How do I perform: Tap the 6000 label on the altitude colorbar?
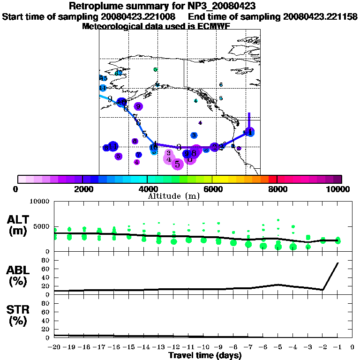point(212,189)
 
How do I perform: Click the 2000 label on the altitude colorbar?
point(82,189)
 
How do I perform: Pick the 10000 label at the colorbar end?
point(338,189)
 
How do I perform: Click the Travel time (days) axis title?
point(205,356)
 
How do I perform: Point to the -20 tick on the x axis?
point(54,347)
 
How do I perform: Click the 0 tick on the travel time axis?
point(352,347)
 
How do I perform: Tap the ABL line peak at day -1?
point(337,263)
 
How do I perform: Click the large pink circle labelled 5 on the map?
point(177,164)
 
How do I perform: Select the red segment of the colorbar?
point(272,179)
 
